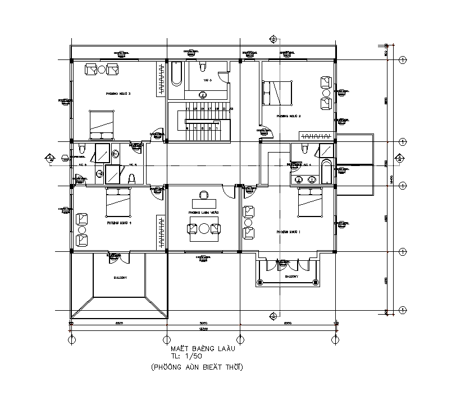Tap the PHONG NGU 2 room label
click(289, 116)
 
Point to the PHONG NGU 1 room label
click(289, 232)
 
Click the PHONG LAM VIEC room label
click(203, 213)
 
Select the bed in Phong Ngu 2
click(277, 93)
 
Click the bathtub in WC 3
click(176, 74)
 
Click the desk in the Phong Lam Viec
click(203, 201)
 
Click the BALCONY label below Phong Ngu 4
click(120, 278)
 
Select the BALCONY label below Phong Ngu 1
click(291, 277)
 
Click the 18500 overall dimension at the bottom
click(203, 329)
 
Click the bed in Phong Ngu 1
click(310, 202)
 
